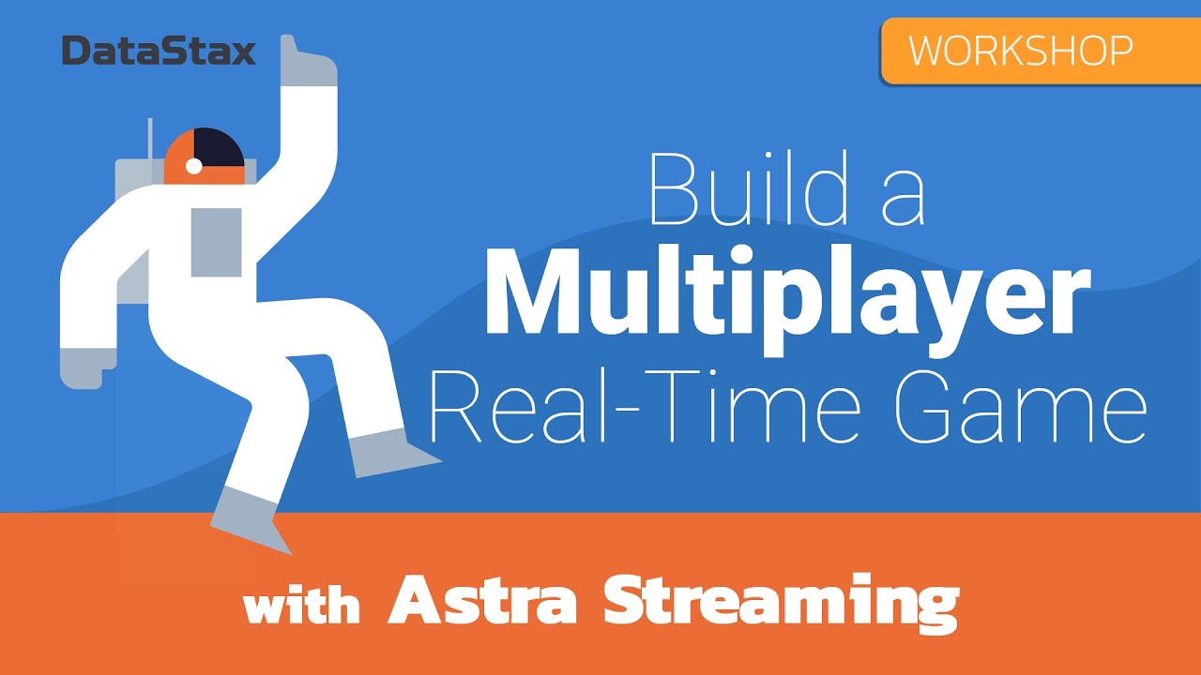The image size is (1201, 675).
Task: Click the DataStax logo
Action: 159,51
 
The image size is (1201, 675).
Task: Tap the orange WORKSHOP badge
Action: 1040,51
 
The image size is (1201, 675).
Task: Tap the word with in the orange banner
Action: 301,605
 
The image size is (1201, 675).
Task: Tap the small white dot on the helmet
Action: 194,166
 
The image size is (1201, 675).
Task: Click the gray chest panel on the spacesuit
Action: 216,242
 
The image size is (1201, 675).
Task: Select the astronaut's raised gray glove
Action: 310,66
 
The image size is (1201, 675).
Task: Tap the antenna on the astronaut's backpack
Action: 150,140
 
